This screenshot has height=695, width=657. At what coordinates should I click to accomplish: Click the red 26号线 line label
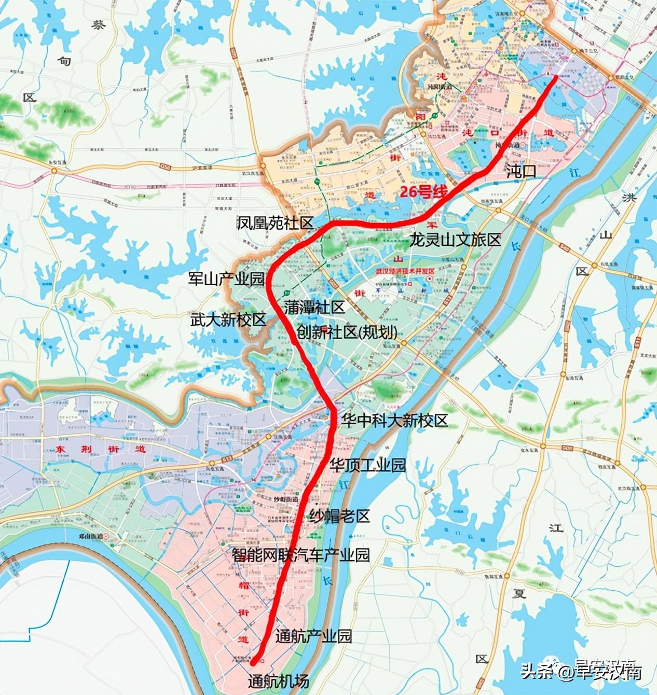[423, 192]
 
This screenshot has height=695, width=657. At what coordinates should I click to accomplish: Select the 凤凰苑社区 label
[275, 224]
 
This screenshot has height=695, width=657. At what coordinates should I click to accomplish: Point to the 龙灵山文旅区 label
[455, 240]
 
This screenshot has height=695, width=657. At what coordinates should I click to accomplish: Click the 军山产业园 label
[226, 279]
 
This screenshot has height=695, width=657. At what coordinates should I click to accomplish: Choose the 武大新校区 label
[227, 319]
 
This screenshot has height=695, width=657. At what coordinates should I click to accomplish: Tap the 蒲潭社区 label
[314, 307]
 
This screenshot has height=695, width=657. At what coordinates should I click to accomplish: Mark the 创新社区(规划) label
[347, 332]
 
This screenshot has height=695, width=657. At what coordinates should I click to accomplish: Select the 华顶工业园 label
[368, 465]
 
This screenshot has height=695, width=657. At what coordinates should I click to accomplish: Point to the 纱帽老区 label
[339, 516]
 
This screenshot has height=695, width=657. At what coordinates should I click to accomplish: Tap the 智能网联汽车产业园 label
[300, 555]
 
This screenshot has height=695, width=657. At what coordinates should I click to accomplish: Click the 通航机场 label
[278, 680]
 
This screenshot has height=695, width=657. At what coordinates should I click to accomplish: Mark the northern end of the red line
[557, 76]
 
